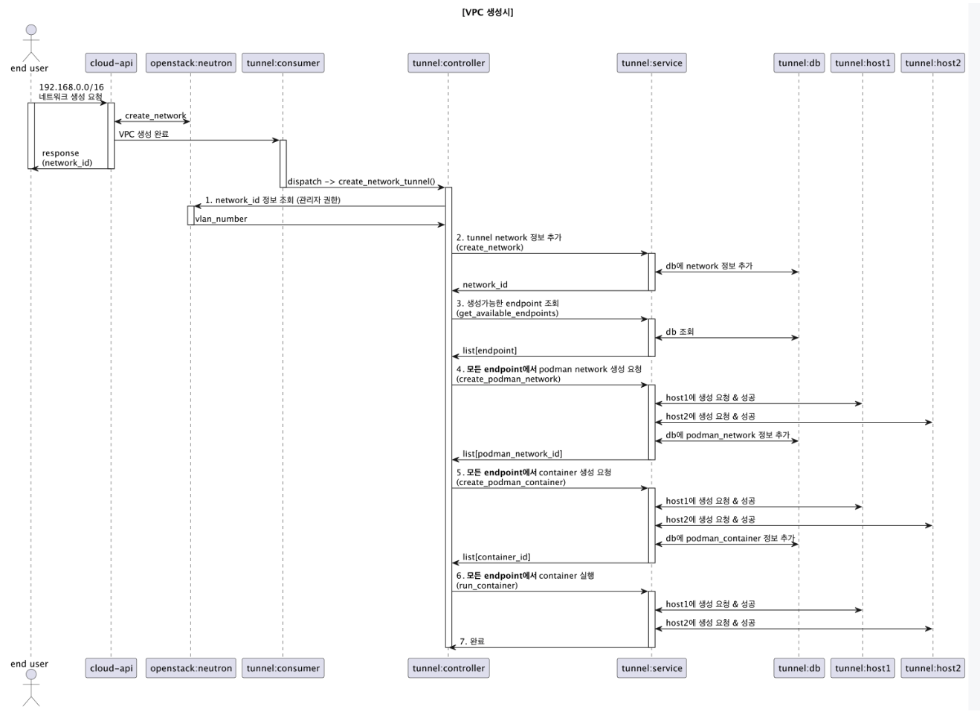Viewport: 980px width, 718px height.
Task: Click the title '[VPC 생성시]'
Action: tap(487, 12)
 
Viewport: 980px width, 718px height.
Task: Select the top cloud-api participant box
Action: tap(112, 63)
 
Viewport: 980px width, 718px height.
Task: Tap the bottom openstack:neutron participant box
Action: tap(191, 668)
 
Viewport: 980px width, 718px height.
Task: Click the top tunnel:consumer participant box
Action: tap(283, 63)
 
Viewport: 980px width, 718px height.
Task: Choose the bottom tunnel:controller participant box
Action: tap(448, 668)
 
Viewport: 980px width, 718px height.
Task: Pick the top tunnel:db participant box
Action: tap(799, 63)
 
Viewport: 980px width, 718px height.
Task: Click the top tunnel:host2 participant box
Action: tap(932, 63)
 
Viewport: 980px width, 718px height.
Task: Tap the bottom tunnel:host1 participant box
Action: tap(863, 668)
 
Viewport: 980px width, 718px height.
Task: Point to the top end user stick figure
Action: tap(30, 43)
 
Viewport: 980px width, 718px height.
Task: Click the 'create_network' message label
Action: tap(155, 115)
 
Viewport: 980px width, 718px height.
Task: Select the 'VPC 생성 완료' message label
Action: tap(144, 135)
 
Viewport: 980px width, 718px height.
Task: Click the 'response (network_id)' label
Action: tap(66, 158)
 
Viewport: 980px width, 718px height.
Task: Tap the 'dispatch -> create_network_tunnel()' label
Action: tap(361, 182)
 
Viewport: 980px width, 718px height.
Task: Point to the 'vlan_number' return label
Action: tap(221, 219)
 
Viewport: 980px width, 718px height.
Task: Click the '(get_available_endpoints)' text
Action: tap(507, 313)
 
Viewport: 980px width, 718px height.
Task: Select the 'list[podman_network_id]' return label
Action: tap(512, 454)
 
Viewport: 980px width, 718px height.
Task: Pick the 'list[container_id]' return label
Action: tap(496, 557)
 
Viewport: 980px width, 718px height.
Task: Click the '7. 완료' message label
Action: tap(471, 641)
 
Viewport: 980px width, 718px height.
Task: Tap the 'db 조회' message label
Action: tap(680, 332)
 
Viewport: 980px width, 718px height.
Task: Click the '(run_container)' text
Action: tap(487, 586)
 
